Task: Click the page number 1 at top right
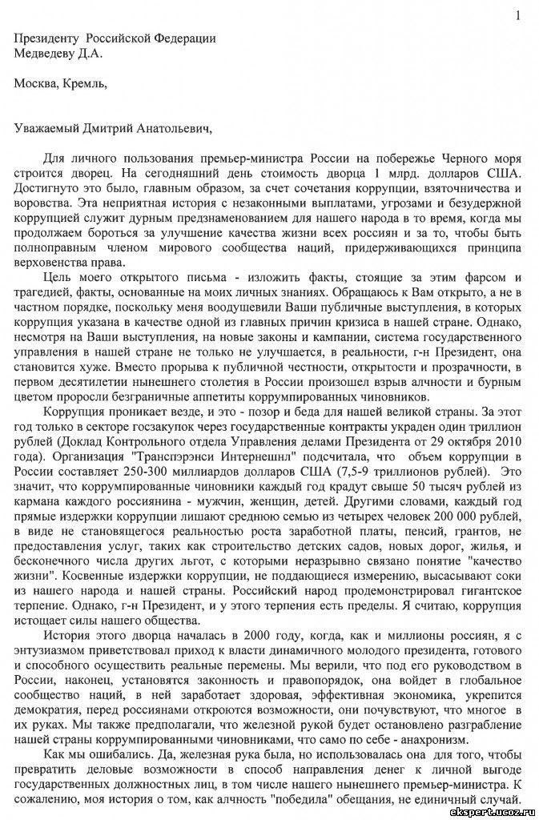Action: click(x=518, y=14)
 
